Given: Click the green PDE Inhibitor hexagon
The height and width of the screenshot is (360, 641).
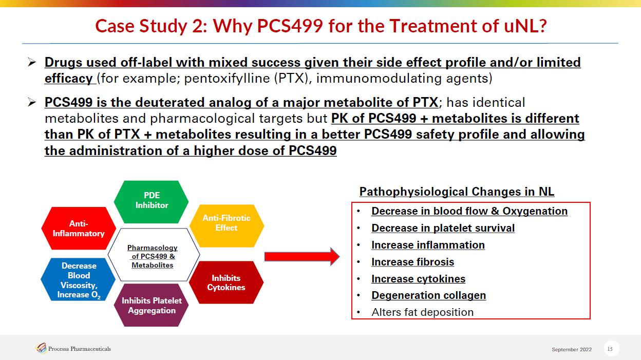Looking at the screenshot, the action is click(151, 202).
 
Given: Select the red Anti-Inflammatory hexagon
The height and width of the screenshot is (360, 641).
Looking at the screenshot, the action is click(79, 229).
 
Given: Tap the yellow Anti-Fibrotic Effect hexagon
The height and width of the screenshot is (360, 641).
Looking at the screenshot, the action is click(227, 226).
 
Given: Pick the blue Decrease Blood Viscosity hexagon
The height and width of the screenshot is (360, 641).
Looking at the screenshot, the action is click(78, 279).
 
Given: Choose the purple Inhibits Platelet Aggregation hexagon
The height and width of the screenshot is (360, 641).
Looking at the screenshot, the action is click(151, 305).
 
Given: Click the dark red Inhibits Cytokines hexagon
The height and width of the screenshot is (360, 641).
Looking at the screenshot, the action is click(226, 282).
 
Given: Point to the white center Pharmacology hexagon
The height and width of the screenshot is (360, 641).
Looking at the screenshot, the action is click(154, 255).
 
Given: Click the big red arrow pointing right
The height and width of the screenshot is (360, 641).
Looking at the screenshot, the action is click(302, 257).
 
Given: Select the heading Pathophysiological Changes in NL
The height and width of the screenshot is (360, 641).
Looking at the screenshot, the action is click(457, 192).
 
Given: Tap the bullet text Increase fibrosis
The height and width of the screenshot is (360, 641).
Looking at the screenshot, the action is click(412, 262).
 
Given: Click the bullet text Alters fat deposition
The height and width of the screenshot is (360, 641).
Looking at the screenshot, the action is click(422, 312).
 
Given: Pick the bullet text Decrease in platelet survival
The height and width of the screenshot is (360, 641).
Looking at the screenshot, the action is click(443, 228).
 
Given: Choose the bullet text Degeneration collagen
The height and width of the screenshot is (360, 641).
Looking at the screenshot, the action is click(429, 295).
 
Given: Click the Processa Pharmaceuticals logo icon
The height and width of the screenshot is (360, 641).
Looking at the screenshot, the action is click(41, 348).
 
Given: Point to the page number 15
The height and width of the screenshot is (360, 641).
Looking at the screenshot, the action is click(610, 349).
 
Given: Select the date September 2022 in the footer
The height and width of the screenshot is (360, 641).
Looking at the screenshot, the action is click(572, 349).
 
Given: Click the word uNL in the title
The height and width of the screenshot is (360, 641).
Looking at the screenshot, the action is click(525, 26).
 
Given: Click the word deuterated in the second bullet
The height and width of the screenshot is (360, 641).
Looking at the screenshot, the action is click(169, 102).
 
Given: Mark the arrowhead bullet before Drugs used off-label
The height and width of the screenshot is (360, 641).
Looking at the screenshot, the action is click(32, 62).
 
